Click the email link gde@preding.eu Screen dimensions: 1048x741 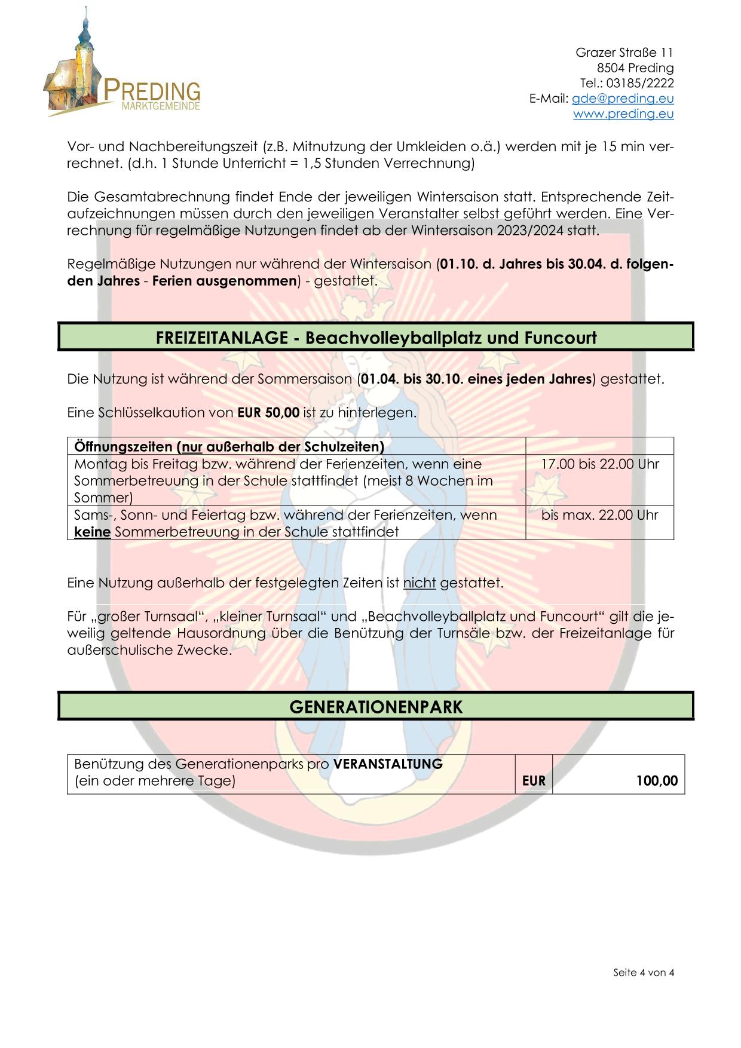pyautogui.click(x=623, y=99)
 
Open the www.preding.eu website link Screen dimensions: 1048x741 pyautogui.click(x=623, y=114)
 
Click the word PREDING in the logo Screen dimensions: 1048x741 pyautogui.click(x=152, y=91)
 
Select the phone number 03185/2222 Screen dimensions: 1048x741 pyautogui.click(x=640, y=83)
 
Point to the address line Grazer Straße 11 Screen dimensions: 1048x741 pyautogui.click(x=624, y=53)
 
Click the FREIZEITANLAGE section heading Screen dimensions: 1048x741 pyautogui.click(x=376, y=338)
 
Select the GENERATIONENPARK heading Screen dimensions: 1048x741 pyautogui.click(x=376, y=707)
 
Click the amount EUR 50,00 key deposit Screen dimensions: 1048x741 pyautogui.click(x=268, y=412)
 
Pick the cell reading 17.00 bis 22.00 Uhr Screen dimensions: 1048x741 pyautogui.click(x=599, y=464)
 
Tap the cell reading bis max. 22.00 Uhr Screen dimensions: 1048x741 pyautogui.click(x=599, y=515)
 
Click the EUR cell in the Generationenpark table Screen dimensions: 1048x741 pyautogui.click(x=534, y=781)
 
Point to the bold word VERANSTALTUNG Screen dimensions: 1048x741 pyautogui.click(x=388, y=764)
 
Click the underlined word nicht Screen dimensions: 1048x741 pyautogui.click(x=419, y=583)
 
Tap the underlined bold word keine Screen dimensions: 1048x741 pyautogui.click(x=92, y=532)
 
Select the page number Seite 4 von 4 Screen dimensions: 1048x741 pyautogui.click(x=644, y=973)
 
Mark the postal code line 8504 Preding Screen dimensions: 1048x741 pyautogui.click(x=635, y=68)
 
